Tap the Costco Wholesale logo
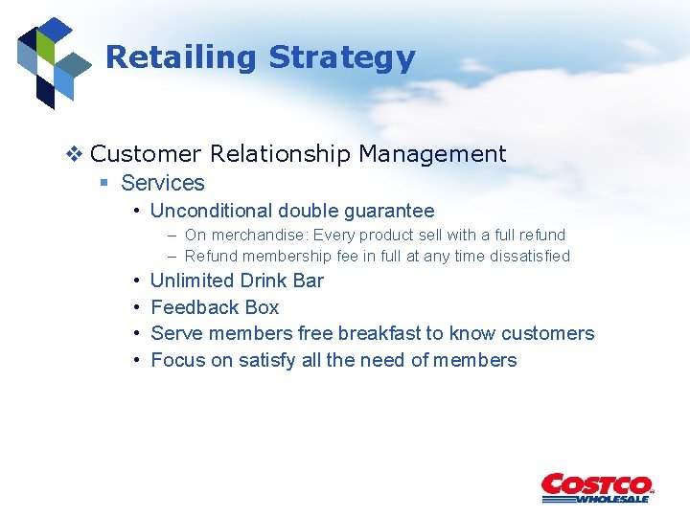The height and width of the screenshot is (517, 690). point(596,487)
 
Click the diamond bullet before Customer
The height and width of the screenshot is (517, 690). point(77,154)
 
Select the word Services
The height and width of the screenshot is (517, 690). point(163,183)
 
